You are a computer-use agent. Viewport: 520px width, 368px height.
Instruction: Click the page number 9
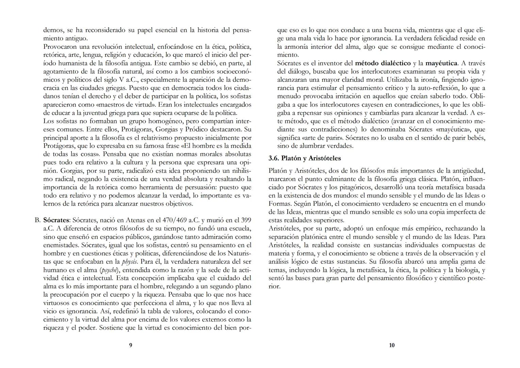[x=131, y=345]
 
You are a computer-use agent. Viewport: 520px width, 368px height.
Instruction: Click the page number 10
[x=392, y=345]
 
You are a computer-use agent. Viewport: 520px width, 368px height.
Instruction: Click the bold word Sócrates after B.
[x=56, y=220]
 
